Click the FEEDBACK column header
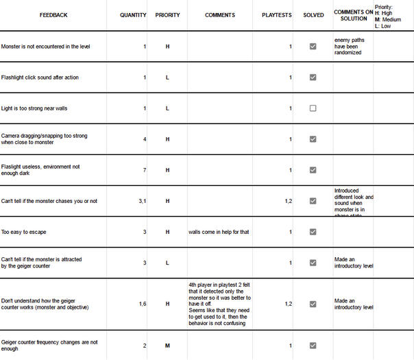[x=53, y=14]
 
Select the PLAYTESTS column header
[x=277, y=14]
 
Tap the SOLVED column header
[x=313, y=14]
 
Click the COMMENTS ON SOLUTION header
[x=353, y=15]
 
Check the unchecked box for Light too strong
[x=313, y=108]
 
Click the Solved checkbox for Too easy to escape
[x=313, y=232]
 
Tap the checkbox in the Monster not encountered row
[x=313, y=47]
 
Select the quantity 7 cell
[x=144, y=170]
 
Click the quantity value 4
[x=144, y=139]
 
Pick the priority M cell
[x=167, y=346]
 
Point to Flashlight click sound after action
[x=40, y=77]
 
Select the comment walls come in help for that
[x=219, y=232]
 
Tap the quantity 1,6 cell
[x=142, y=304]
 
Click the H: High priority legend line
[x=389, y=13]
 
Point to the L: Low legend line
[x=383, y=26]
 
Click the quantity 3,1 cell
[x=142, y=201]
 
